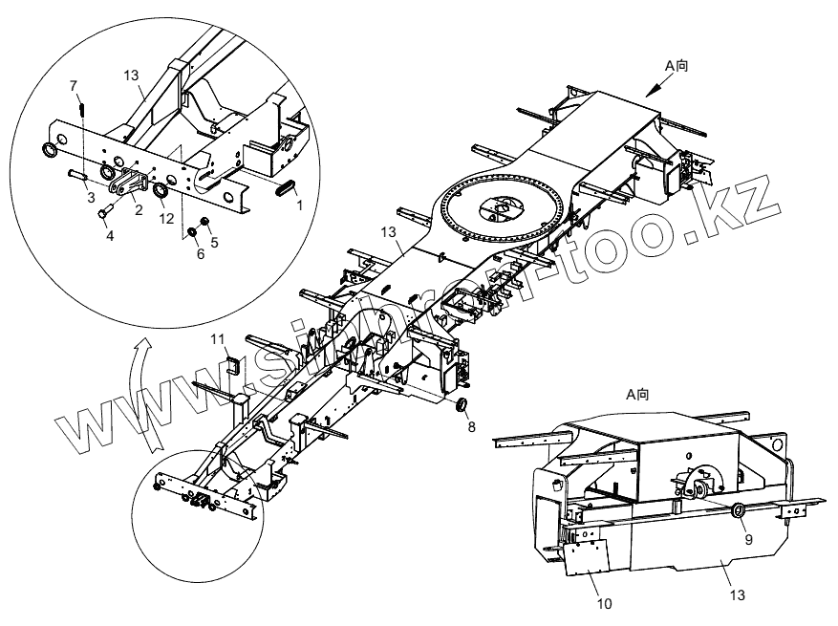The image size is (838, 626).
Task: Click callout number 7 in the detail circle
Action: [74, 87]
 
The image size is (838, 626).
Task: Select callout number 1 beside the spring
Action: [299, 205]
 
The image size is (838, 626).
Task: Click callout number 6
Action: [214, 243]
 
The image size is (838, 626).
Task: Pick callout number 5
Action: [201, 253]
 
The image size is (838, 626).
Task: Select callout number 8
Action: [470, 428]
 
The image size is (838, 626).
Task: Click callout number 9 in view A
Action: [748, 539]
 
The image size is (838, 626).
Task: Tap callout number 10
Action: [602, 603]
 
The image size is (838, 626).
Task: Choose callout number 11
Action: [218, 338]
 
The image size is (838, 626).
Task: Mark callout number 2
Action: [139, 210]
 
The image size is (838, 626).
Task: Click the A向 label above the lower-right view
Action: [637, 394]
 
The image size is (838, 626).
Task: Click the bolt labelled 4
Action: [102, 211]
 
